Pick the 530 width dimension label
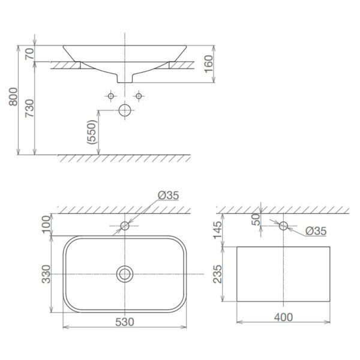click(x=124, y=322)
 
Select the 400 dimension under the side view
click(x=283, y=317)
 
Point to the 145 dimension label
click(x=217, y=230)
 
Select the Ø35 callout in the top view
click(x=169, y=196)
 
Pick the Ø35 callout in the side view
click(x=316, y=230)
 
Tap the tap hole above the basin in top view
click(x=125, y=226)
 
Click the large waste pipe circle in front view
click(x=125, y=111)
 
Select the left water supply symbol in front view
click(x=110, y=96)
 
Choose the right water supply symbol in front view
click(x=139, y=96)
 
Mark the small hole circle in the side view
click(x=284, y=226)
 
